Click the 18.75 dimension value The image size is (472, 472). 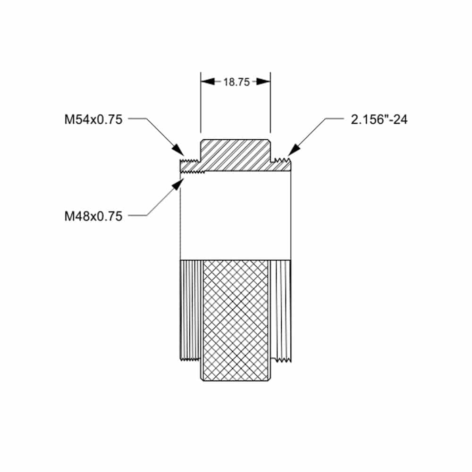[236, 82]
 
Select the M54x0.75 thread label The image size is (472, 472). [93, 119]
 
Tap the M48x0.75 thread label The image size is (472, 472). [93, 216]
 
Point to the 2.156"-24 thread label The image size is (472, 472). [379, 119]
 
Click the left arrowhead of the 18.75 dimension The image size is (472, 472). [208, 82]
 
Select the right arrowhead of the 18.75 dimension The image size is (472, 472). [263, 82]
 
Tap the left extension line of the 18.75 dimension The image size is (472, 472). [201, 102]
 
